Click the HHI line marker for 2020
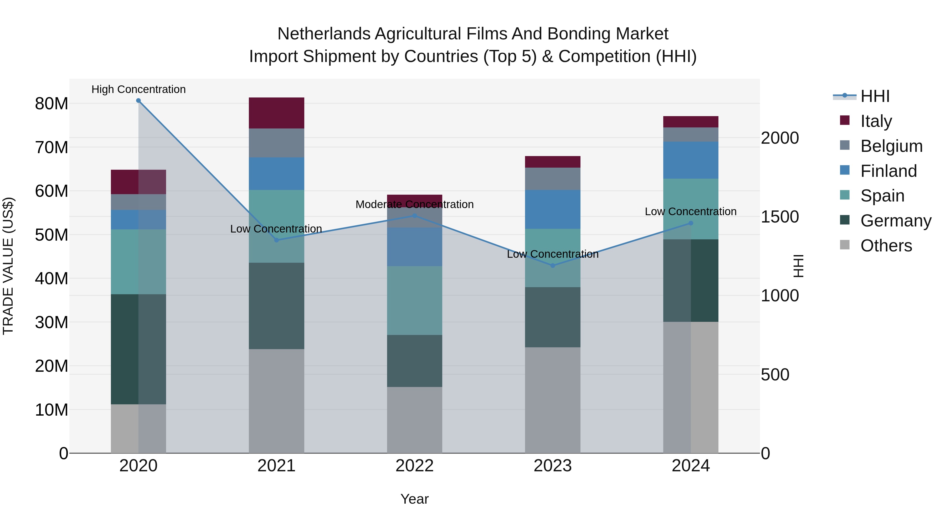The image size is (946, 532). (138, 101)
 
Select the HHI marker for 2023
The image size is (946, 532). (553, 265)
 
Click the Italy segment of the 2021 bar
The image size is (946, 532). (276, 113)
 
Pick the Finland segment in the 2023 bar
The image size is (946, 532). (553, 209)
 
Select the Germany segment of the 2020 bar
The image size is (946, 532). (125, 349)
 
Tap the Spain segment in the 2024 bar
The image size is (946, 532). (691, 198)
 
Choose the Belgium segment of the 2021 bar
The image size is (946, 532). (276, 143)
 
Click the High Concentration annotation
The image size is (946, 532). (138, 89)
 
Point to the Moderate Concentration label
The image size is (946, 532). (415, 204)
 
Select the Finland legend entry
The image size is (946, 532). (888, 171)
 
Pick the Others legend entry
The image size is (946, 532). (886, 246)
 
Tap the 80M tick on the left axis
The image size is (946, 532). (52, 104)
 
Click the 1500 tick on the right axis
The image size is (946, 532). (780, 217)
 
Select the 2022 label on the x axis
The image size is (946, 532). (415, 466)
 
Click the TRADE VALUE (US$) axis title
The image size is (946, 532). (8, 266)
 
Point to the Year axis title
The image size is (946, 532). (415, 499)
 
